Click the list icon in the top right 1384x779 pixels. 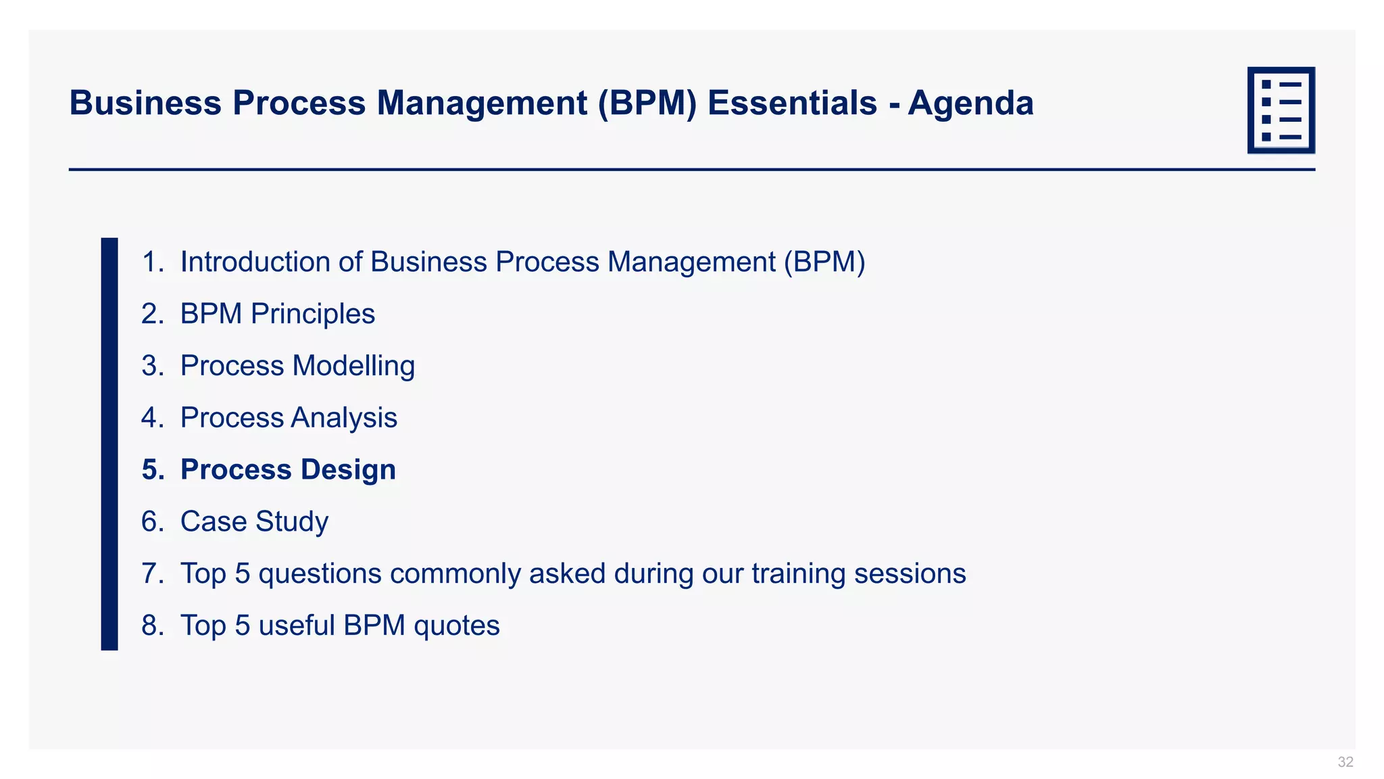pos(1281,110)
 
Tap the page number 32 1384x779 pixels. pos(1345,762)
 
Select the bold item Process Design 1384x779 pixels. pos(288,469)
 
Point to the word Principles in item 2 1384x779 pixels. pos(312,314)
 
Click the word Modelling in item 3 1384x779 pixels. pos(353,366)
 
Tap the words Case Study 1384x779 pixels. pos(254,521)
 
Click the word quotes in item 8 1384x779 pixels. pos(456,625)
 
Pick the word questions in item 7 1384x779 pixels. pos(320,573)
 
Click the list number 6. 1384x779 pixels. pos(151,521)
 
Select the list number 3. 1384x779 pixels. pos(151,366)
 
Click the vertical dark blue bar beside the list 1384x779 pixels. pos(109,444)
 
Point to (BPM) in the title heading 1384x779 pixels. pos(647,103)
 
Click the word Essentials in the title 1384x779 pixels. pos(792,103)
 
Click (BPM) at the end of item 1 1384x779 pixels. pos(824,262)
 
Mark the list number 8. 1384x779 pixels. pos(151,625)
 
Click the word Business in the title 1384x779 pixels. pos(145,103)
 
